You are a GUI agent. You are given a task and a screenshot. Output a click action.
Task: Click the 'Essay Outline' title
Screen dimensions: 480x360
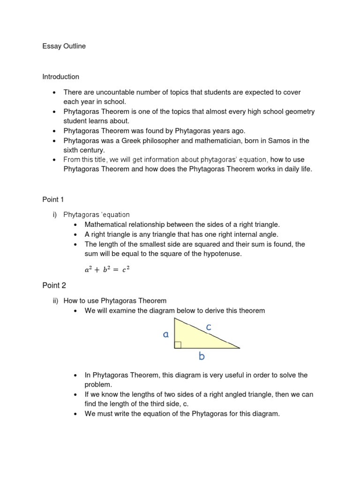[64, 46]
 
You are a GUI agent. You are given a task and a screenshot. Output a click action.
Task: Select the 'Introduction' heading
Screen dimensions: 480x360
[61, 76]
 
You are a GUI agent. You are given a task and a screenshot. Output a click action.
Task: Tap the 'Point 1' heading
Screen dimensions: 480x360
[53, 200]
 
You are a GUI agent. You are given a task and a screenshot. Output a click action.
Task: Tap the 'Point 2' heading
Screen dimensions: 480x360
[54, 285]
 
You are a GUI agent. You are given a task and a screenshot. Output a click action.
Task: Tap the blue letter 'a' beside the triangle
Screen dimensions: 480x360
[165, 334]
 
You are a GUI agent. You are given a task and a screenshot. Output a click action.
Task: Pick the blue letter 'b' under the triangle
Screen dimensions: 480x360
[202, 357]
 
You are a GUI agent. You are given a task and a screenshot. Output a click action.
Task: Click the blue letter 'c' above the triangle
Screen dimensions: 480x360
[209, 327]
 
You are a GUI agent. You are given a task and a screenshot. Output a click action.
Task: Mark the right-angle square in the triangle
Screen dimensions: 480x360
[178, 345]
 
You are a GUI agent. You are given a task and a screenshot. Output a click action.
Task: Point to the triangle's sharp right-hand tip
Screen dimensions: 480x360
[240, 348]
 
